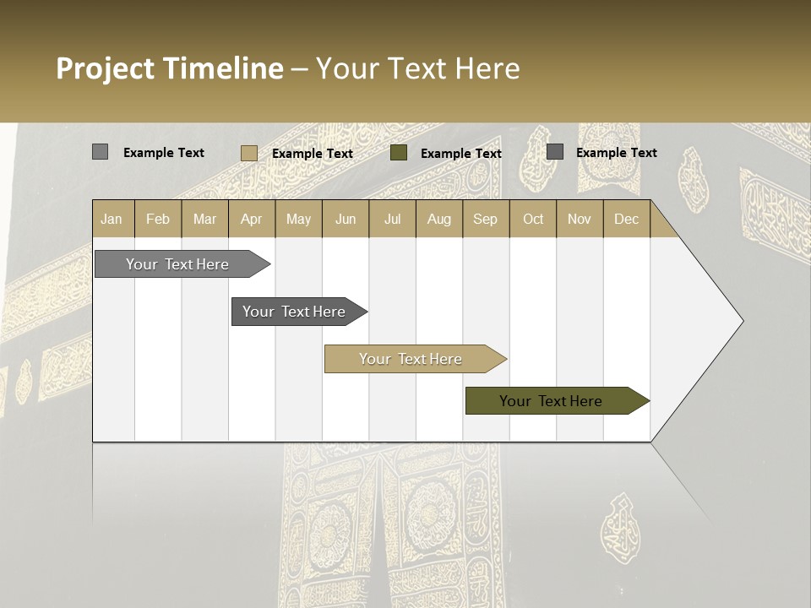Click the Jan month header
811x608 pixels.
point(112,219)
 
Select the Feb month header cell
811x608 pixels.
point(158,219)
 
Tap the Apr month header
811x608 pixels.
point(251,219)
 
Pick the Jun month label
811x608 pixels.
point(346,219)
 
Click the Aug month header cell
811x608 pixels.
point(438,219)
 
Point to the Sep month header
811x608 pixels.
point(485,219)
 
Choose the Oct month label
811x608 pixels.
point(533,219)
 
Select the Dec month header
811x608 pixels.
point(626,219)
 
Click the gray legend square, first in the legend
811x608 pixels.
point(101,152)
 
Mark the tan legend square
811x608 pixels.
point(248,153)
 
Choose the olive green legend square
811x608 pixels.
point(399,153)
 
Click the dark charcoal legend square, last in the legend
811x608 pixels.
point(555,152)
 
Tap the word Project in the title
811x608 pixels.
point(104,68)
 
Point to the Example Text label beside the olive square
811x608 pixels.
point(460,154)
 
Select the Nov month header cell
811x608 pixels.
point(580,219)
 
